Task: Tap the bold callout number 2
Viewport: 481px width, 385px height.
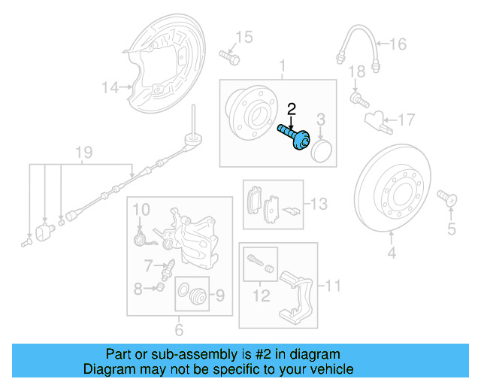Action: (x=292, y=109)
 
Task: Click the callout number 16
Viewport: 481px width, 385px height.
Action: (x=398, y=44)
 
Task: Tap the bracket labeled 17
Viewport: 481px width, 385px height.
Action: (x=375, y=119)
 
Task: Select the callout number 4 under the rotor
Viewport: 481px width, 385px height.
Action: (x=391, y=253)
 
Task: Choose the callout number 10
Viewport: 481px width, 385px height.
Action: (x=142, y=208)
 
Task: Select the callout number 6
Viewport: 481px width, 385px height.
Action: (x=178, y=329)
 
